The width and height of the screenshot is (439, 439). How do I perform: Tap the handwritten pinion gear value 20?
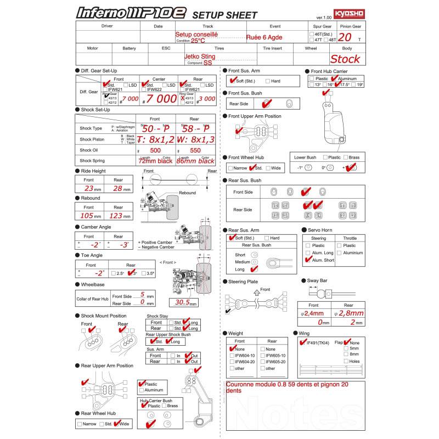(345, 37)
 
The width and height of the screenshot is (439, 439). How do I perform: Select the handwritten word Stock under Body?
(345, 59)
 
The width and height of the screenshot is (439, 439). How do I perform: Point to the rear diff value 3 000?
(207, 99)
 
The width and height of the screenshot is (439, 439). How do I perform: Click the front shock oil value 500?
(155, 150)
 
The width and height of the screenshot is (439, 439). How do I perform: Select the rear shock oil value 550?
(195, 150)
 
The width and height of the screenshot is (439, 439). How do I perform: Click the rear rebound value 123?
(117, 216)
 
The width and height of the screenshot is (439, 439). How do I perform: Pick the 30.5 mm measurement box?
(183, 302)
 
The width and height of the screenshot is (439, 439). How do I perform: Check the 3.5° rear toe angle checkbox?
(144, 273)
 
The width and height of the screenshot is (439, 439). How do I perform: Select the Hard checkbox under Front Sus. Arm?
(267, 81)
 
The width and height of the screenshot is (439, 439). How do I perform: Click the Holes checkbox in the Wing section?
(346, 361)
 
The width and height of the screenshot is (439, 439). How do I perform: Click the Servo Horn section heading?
(318, 230)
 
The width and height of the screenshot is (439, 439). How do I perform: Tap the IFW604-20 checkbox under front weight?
(232, 362)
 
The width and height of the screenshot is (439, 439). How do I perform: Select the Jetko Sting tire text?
(200, 56)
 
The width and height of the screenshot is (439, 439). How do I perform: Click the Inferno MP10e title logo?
(131, 13)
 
